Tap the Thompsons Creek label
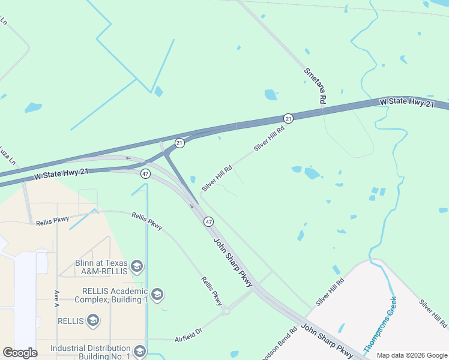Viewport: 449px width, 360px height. click(x=379, y=325)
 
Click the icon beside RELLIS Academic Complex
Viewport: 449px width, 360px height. click(x=157, y=294)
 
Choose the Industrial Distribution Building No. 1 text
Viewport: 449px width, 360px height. click(x=90, y=352)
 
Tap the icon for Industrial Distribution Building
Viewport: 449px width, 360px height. click(x=139, y=351)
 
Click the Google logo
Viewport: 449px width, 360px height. click(x=20, y=352)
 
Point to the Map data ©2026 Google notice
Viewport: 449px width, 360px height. click(x=411, y=355)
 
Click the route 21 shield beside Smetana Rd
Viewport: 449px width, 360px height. click(x=289, y=118)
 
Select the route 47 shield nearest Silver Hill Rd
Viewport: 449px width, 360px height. click(x=208, y=221)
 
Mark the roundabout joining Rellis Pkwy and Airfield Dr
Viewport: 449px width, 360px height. click(x=226, y=311)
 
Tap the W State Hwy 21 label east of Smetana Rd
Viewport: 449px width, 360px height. click(x=406, y=103)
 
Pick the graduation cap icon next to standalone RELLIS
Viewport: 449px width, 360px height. click(x=93, y=320)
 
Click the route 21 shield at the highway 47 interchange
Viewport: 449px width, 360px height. click(x=179, y=143)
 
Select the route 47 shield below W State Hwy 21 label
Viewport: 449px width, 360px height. click(x=145, y=174)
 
